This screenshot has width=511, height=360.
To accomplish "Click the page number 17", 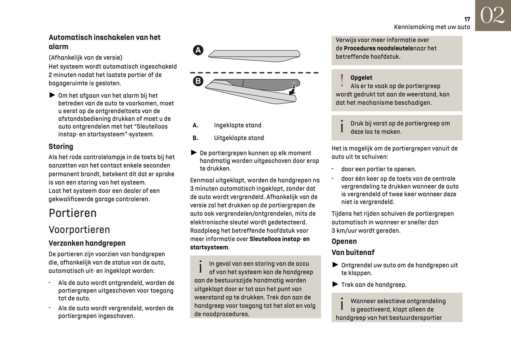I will (x=467, y=19).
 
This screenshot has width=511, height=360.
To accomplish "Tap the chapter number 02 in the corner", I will (x=492, y=16).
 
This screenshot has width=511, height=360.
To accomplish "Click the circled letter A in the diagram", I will (x=198, y=50).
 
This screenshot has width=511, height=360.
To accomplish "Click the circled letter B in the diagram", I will (x=198, y=81).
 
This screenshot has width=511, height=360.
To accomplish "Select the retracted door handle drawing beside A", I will (x=254, y=54).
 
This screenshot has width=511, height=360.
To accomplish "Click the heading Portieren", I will (x=72, y=213).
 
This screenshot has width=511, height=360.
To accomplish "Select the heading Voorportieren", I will (x=79, y=230).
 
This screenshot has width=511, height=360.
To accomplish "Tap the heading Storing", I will (x=61, y=146).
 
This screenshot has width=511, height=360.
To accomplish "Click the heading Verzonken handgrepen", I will (x=87, y=243).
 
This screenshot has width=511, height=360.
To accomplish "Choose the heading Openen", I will (x=344, y=242).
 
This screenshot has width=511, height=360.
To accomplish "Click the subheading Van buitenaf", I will (x=353, y=252).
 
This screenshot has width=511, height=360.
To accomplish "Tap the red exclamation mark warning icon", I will (x=342, y=81).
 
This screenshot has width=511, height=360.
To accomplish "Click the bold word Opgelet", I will (x=361, y=78).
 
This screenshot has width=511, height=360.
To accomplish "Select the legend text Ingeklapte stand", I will (x=238, y=125).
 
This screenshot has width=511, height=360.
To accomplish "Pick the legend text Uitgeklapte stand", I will (x=239, y=138).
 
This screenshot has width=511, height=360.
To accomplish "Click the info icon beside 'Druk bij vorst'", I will (x=342, y=127).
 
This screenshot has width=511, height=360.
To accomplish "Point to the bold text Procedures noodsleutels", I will (x=378, y=48).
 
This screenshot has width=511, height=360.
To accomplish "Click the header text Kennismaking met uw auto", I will (x=432, y=27).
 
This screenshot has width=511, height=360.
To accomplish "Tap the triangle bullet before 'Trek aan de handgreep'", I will (x=335, y=284).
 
